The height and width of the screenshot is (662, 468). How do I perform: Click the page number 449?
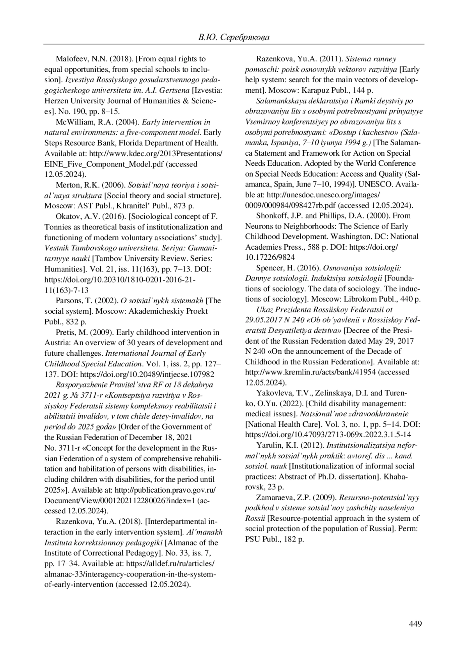coord(415,624)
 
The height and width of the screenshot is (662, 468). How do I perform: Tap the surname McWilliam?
coord(75,122)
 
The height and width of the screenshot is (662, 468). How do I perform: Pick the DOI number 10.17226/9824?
coord(270,257)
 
